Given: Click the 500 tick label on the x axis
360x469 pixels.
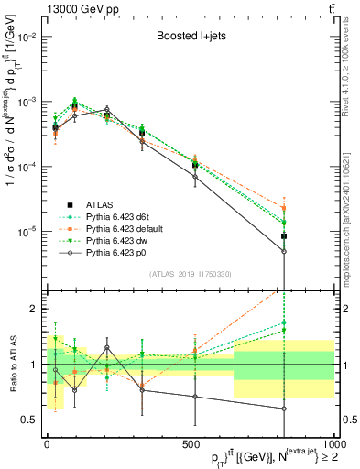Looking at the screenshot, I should [x=189, y=444].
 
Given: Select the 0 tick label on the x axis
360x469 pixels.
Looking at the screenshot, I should [x=48, y=444].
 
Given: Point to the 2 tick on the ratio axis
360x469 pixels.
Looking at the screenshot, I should [x=36, y=309].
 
